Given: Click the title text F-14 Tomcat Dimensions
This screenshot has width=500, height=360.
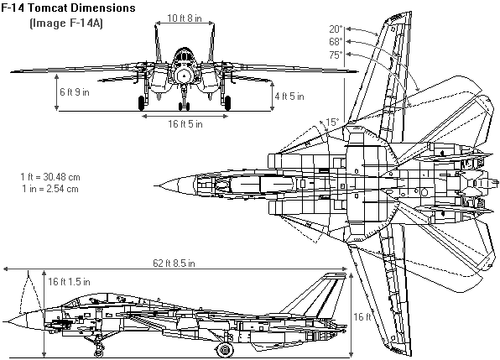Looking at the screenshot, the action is [x=68, y=8].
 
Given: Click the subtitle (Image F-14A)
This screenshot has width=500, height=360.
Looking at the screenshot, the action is [x=66, y=23].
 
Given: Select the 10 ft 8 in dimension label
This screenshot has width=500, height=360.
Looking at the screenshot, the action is [x=185, y=18].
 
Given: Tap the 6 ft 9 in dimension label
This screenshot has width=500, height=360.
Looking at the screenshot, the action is [x=75, y=92].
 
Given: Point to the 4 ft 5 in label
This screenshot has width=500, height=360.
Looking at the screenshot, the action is [x=289, y=97].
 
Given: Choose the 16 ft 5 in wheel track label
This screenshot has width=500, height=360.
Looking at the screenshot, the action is [x=185, y=123].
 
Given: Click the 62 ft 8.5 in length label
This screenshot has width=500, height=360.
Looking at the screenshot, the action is [x=174, y=263].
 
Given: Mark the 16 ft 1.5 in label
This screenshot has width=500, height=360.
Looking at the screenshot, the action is [x=69, y=282].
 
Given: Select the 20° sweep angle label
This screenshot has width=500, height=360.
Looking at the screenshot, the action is [x=336, y=29].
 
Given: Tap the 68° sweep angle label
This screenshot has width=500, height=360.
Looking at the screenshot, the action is [x=336, y=42].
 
